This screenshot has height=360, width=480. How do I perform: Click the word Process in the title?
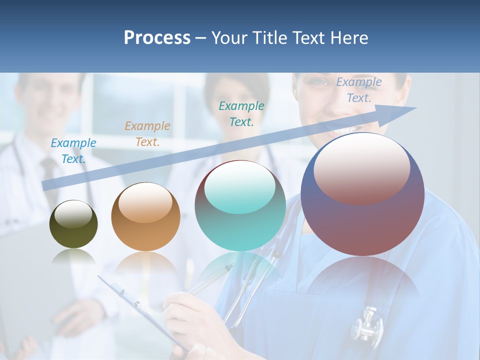pyautogui.click(x=157, y=38)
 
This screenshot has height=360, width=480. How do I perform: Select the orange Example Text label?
pyautogui.click(x=147, y=134)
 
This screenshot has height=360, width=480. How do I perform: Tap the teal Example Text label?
pyautogui.click(x=241, y=114)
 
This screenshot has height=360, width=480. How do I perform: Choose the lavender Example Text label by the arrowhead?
pyautogui.click(x=359, y=90)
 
